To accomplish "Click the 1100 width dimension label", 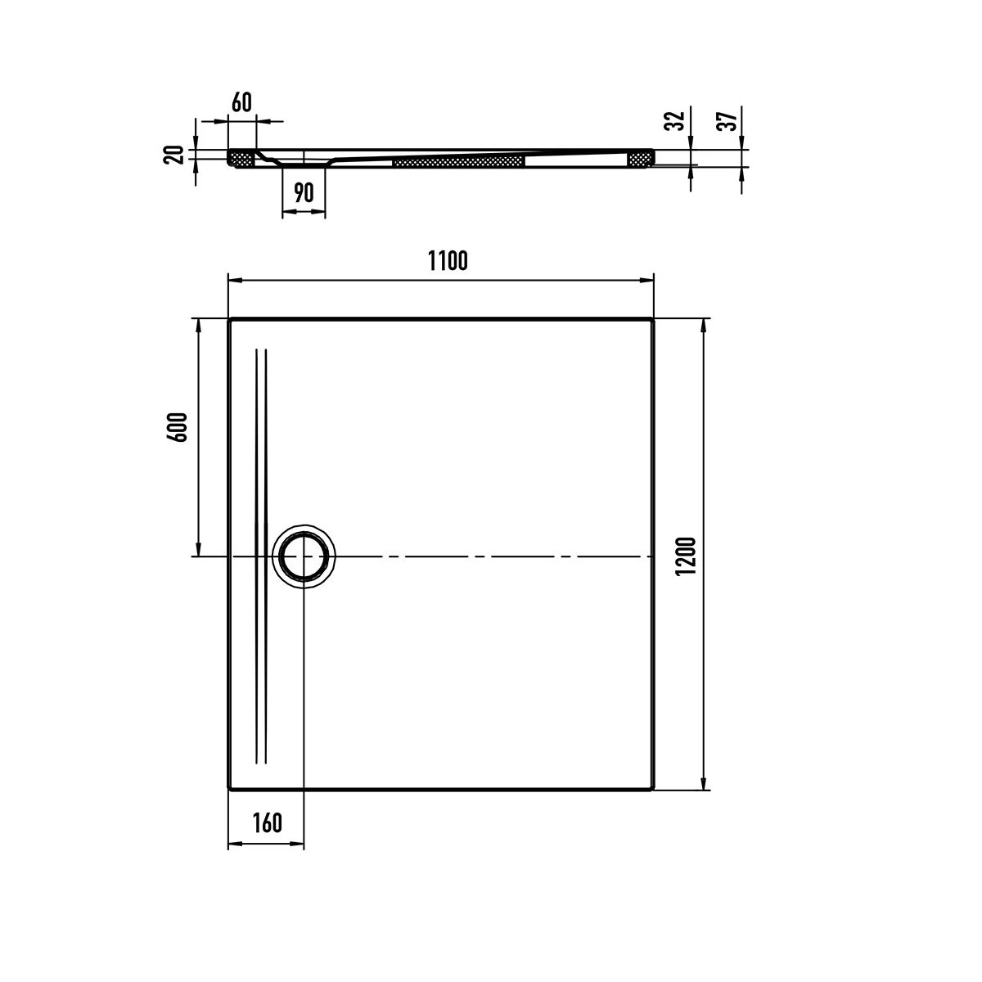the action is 448,261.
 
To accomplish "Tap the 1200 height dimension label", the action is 686,556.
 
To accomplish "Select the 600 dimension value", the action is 178,427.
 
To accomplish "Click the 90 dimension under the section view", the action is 304,192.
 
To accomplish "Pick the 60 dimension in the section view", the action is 241,102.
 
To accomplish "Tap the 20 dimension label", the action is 173,155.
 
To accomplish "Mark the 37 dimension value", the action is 727,121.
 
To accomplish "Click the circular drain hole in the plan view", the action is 304,556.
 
